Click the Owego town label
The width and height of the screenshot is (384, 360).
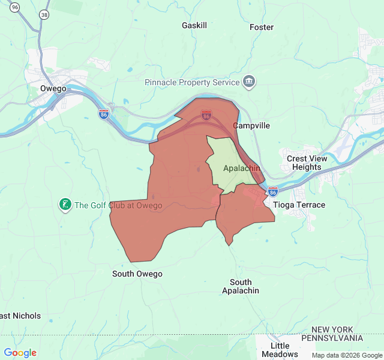pos(53,88)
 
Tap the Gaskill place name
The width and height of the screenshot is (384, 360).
pos(194,26)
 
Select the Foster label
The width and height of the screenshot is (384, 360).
pos(262,27)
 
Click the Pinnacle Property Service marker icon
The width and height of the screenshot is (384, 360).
pos(249,82)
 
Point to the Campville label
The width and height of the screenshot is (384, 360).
pos(251,126)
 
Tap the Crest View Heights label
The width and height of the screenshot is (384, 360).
pos(307,163)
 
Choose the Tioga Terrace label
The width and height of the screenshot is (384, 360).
pos(299,205)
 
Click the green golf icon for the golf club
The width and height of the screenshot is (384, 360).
pos(65,205)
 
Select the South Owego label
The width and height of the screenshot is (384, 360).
pos(137,274)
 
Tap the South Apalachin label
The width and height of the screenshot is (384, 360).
pos(241,286)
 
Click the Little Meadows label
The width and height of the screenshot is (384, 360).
pos(280,350)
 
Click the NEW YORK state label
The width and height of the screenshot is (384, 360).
pos(341,330)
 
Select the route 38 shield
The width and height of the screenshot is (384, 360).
pos(44,13)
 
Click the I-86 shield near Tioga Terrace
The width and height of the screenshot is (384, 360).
pos(273,191)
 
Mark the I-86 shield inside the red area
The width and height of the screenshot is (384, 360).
pos(206,115)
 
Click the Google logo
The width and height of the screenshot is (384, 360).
pos(20,353)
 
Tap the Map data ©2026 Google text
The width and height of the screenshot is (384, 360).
pos(346,355)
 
